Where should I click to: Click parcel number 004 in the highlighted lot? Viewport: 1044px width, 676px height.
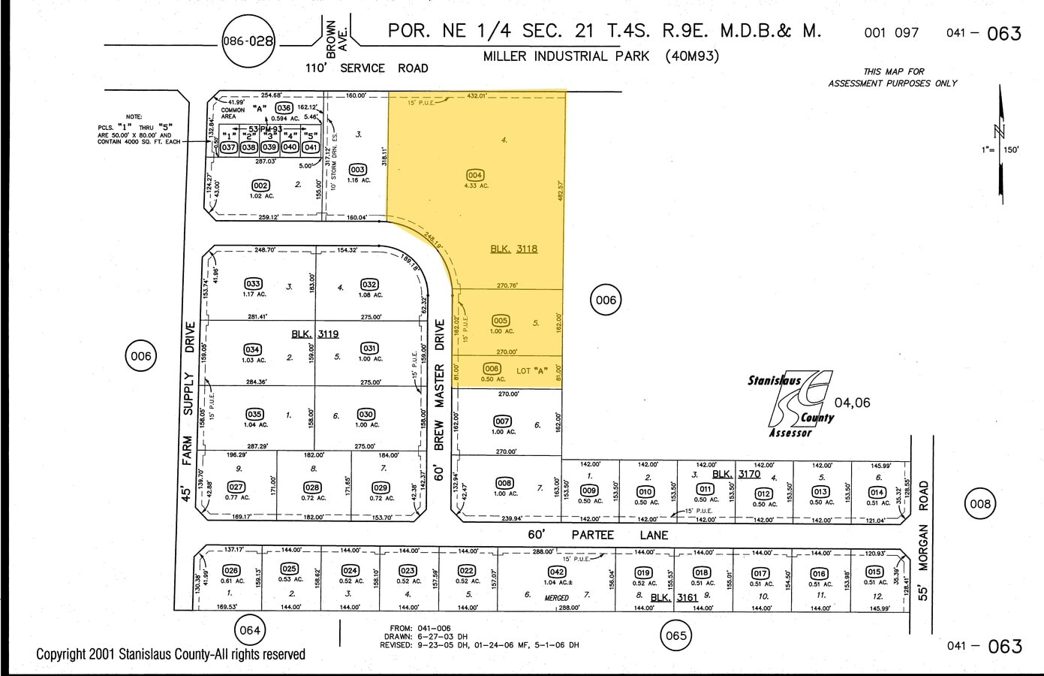coord(474,175)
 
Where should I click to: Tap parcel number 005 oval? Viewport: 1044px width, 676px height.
coord(501,321)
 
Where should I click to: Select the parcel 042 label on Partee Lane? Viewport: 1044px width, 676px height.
coord(556,572)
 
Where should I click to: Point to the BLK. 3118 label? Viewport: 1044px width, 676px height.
coord(514,249)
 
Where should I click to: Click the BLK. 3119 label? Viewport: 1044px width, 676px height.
coord(315,333)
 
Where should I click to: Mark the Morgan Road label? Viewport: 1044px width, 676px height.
coord(924,541)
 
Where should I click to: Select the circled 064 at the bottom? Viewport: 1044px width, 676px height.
coord(249,630)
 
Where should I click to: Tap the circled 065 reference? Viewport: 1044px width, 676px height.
coord(675,635)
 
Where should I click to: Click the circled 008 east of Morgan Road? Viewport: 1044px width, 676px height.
coord(980,504)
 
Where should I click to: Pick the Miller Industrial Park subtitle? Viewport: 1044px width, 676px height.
coord(600,56)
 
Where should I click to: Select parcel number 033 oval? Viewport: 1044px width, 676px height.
coord(253,284)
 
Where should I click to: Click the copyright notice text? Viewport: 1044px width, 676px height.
coord(171,654)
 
